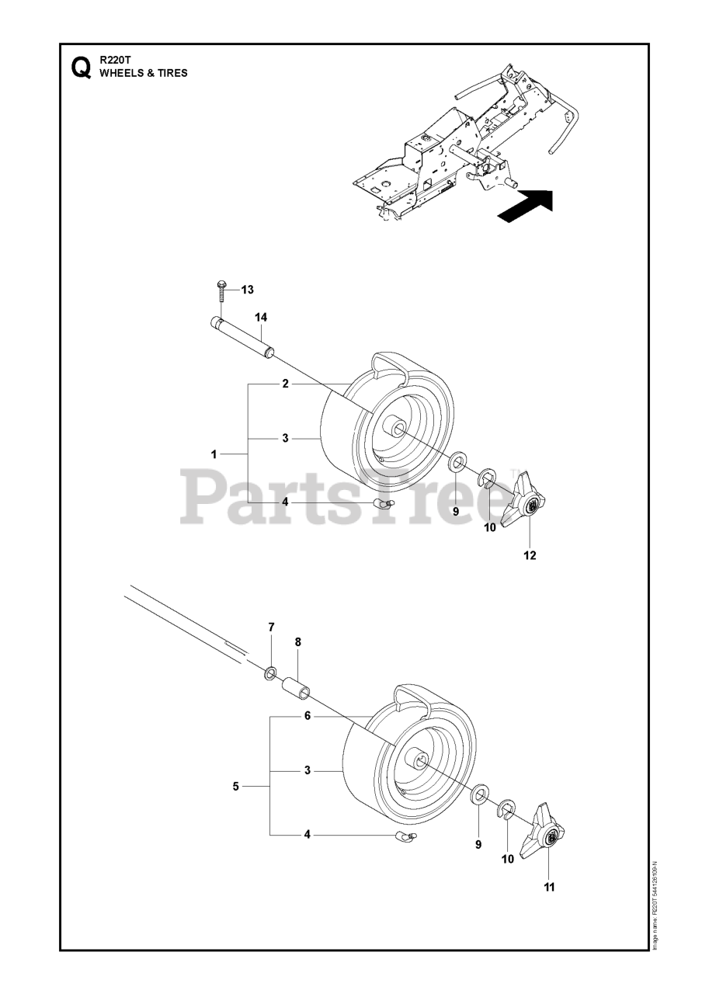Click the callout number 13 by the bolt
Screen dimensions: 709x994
tap(247, 290)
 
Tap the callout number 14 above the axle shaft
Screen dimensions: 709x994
tap(261, 317)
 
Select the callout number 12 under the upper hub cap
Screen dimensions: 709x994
tap(530, 555)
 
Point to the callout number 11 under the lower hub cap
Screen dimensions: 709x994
tap(549, 886)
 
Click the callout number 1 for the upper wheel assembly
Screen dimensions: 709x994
tap(214, 453)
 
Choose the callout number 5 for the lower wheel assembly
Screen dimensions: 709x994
tap(235, 786)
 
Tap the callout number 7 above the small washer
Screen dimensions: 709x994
tap(271, 626)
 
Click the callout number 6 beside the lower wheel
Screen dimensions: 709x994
tap(308, 716)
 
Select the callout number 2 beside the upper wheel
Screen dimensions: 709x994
tap(285, 384)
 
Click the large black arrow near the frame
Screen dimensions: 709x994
tap(525, 207)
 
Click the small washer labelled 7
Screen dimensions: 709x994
tap(271, 672)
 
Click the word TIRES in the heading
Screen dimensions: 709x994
tap(171, 74)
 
